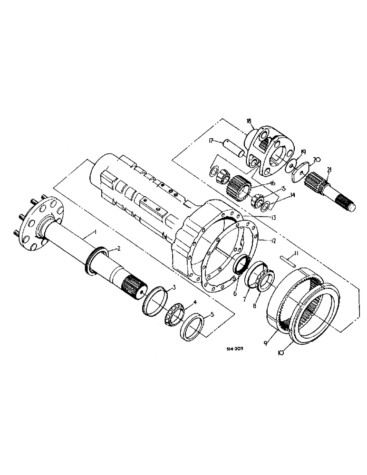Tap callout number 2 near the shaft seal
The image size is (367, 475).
click(119, 248)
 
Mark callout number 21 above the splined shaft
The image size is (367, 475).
click(329, 170)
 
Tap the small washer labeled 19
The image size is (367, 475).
click(290, 165)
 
